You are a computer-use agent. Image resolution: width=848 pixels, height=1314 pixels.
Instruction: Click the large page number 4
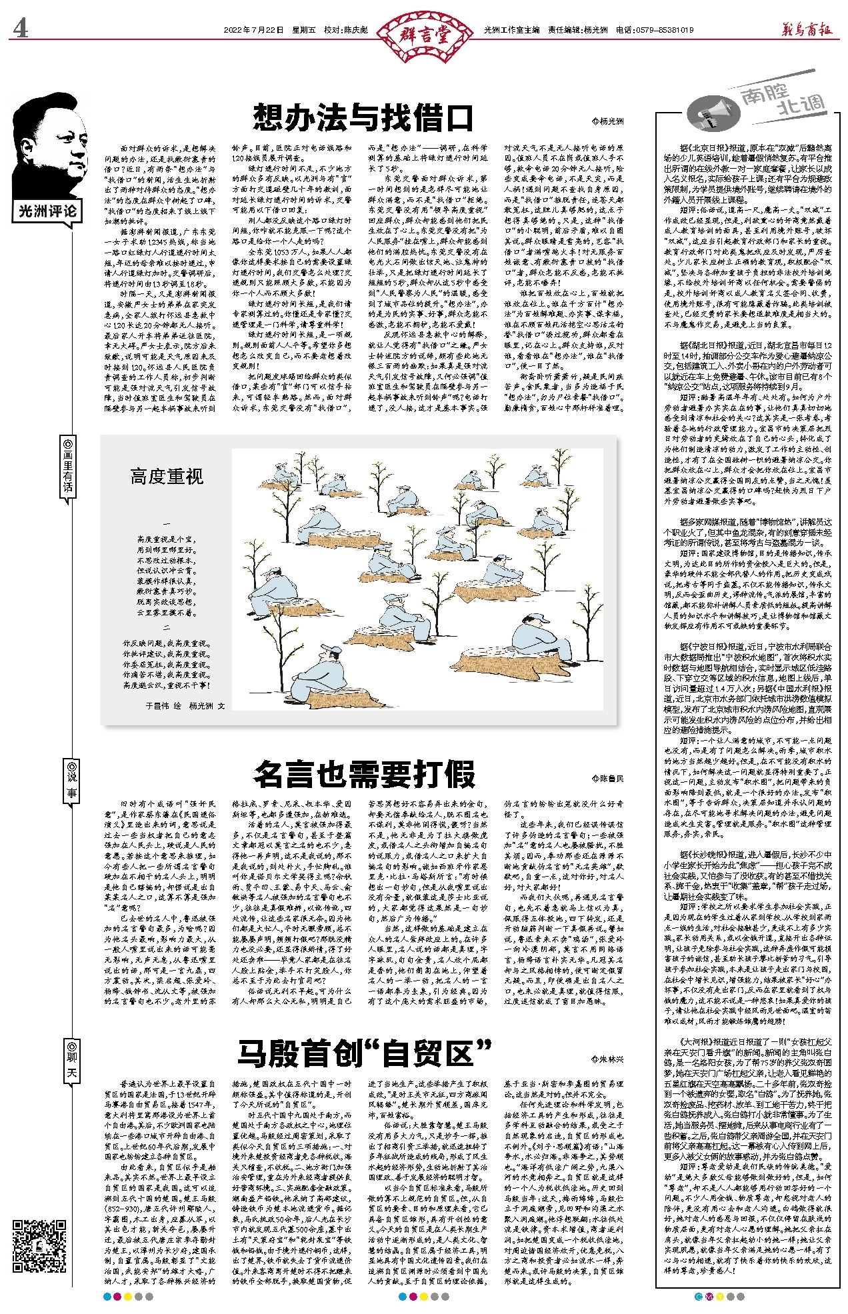[x=21, y=28]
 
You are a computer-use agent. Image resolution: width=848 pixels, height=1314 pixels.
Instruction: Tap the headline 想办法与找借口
[x=363, y=118]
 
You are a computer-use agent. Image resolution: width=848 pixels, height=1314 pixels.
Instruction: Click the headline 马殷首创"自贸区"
[x=364, y=1053]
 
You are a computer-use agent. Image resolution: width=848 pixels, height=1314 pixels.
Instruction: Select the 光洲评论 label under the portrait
[x=47, y=212]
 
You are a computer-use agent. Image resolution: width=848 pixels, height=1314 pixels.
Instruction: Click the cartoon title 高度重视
[x=167, y=477]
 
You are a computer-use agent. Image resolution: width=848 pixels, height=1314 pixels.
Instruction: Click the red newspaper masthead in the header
[x=807, y=29]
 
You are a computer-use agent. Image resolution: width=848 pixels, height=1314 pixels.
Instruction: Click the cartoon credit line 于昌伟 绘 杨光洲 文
[x=185, y=705]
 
